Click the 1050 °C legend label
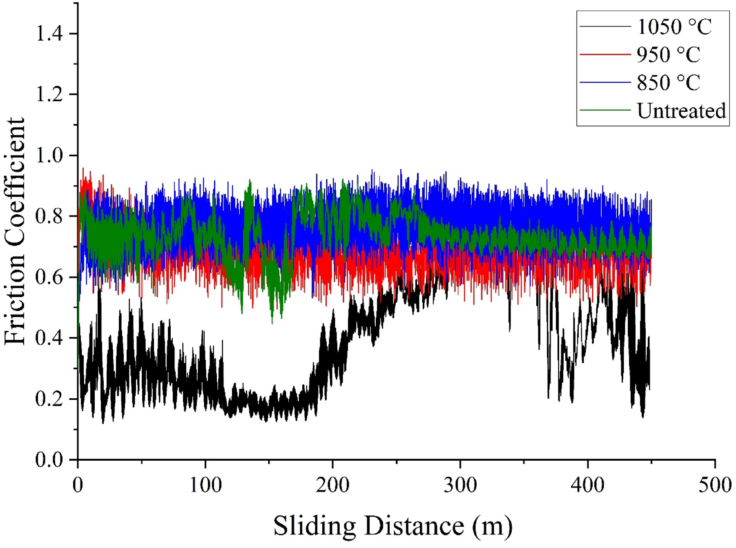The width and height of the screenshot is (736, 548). pos(674,27)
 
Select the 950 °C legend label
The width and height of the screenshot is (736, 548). pos(668,55)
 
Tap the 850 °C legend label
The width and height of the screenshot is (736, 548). pos(668,83)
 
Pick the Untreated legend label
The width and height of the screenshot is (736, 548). pos(681,111)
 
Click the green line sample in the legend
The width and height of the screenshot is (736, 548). pos(605,110)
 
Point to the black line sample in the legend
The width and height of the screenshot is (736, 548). pos(605,27)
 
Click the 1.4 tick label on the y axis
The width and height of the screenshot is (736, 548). pos(49,33)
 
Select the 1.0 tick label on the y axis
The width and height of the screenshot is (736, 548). pos(49,155)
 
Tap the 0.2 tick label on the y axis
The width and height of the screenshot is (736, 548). pos(49,399)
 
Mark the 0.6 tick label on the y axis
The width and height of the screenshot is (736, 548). pos(49,277)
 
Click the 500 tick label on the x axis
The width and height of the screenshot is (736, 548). pos(715,485)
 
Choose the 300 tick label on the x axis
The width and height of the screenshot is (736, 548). pos(460,485)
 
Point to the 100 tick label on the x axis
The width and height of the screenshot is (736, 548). pos(205,485)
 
